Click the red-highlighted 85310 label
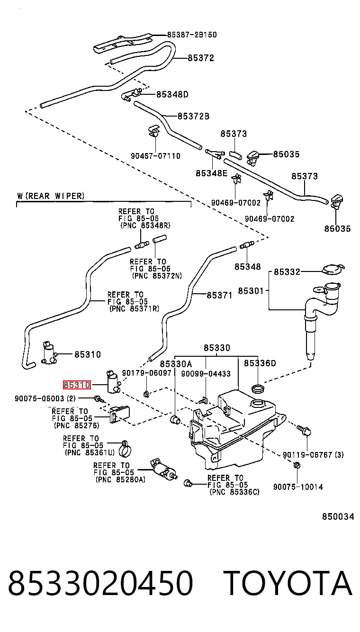point(77,385)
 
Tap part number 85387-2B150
point(192,35)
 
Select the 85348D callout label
point(172,94)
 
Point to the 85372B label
point(194,116)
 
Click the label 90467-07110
point(155,156)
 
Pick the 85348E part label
point(212,173)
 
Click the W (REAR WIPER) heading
point(51,196)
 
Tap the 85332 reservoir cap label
point(287,272)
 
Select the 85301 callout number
point(251,290)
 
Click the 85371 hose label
point(219,296)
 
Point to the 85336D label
point(260,363)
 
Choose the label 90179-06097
point(147,373)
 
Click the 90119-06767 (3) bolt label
point(313,454)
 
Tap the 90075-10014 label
point(298,487)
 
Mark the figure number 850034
point(338,516)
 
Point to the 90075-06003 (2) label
point(45,398)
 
